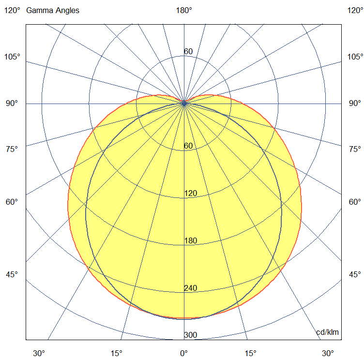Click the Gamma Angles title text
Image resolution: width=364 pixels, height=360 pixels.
pyautogui.click(x=53, y=10)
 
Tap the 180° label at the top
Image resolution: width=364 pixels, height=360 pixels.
pyautogui.click(x=184, y=10)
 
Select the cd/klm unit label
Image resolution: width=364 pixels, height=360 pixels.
pyautogui.click(x=327, y=332)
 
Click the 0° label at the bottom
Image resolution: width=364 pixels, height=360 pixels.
pyautogui.click(x=184, y=353)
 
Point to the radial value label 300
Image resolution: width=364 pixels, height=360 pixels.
pyautogui.click(x=190, y=335)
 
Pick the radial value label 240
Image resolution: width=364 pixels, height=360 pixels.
pyautogui.click(x=190, y=288)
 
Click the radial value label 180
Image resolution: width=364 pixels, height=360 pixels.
pyautogui.click(x=190, y=241)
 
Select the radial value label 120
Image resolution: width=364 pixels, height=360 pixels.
pyautogui.click(x=190, y=194)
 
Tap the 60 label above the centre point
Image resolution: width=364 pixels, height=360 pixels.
pyautogui.click(x=188, y=52)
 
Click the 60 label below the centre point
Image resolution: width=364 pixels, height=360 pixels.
pyautogui.click(x=188, y=146)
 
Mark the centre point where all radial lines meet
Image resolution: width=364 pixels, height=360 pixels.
pyautogui.click(x=184, y=103)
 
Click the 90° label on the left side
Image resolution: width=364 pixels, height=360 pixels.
pyautogui.click(x=12, y=103)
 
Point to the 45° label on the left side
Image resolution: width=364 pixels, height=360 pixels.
pyautogui.click(x=12, y=274)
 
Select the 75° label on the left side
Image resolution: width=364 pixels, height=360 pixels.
pyautogui.click(x=12, y=149)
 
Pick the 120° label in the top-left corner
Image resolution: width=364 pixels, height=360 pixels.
pyautogui.click(x=12, y=10)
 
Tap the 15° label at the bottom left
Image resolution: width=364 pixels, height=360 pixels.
pyautogui.click(x=117, y=353)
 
